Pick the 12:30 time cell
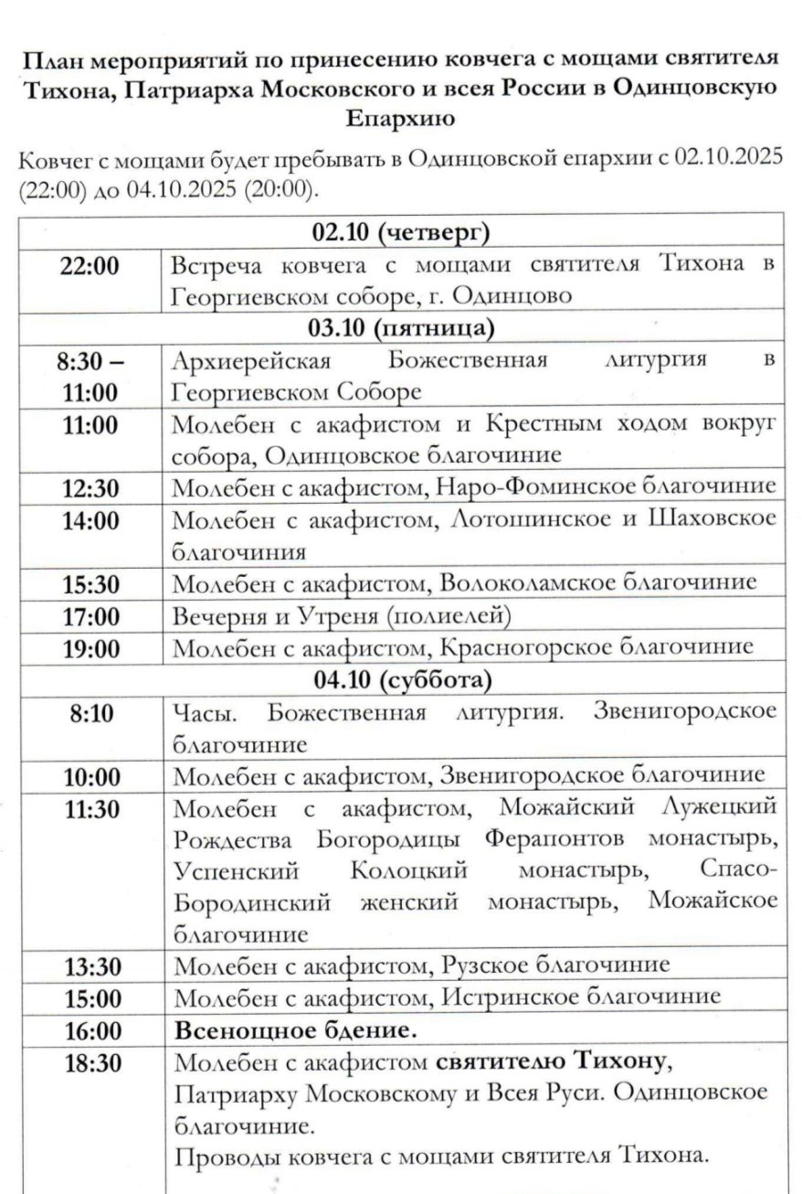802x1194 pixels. (90, 488)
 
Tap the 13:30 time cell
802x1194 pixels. (90, 966)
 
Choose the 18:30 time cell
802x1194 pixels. (90, 1063)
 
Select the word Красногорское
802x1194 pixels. (525, 646)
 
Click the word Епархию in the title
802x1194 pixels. (400, 119)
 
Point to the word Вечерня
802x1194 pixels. (217, 615)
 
